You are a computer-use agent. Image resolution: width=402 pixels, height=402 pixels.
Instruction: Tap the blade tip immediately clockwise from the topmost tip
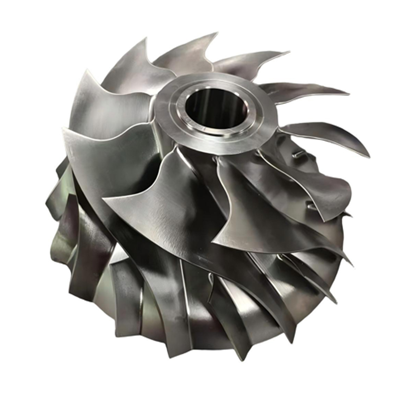(289, 52)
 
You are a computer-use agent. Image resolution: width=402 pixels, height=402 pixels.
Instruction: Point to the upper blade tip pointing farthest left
(62, 130)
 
